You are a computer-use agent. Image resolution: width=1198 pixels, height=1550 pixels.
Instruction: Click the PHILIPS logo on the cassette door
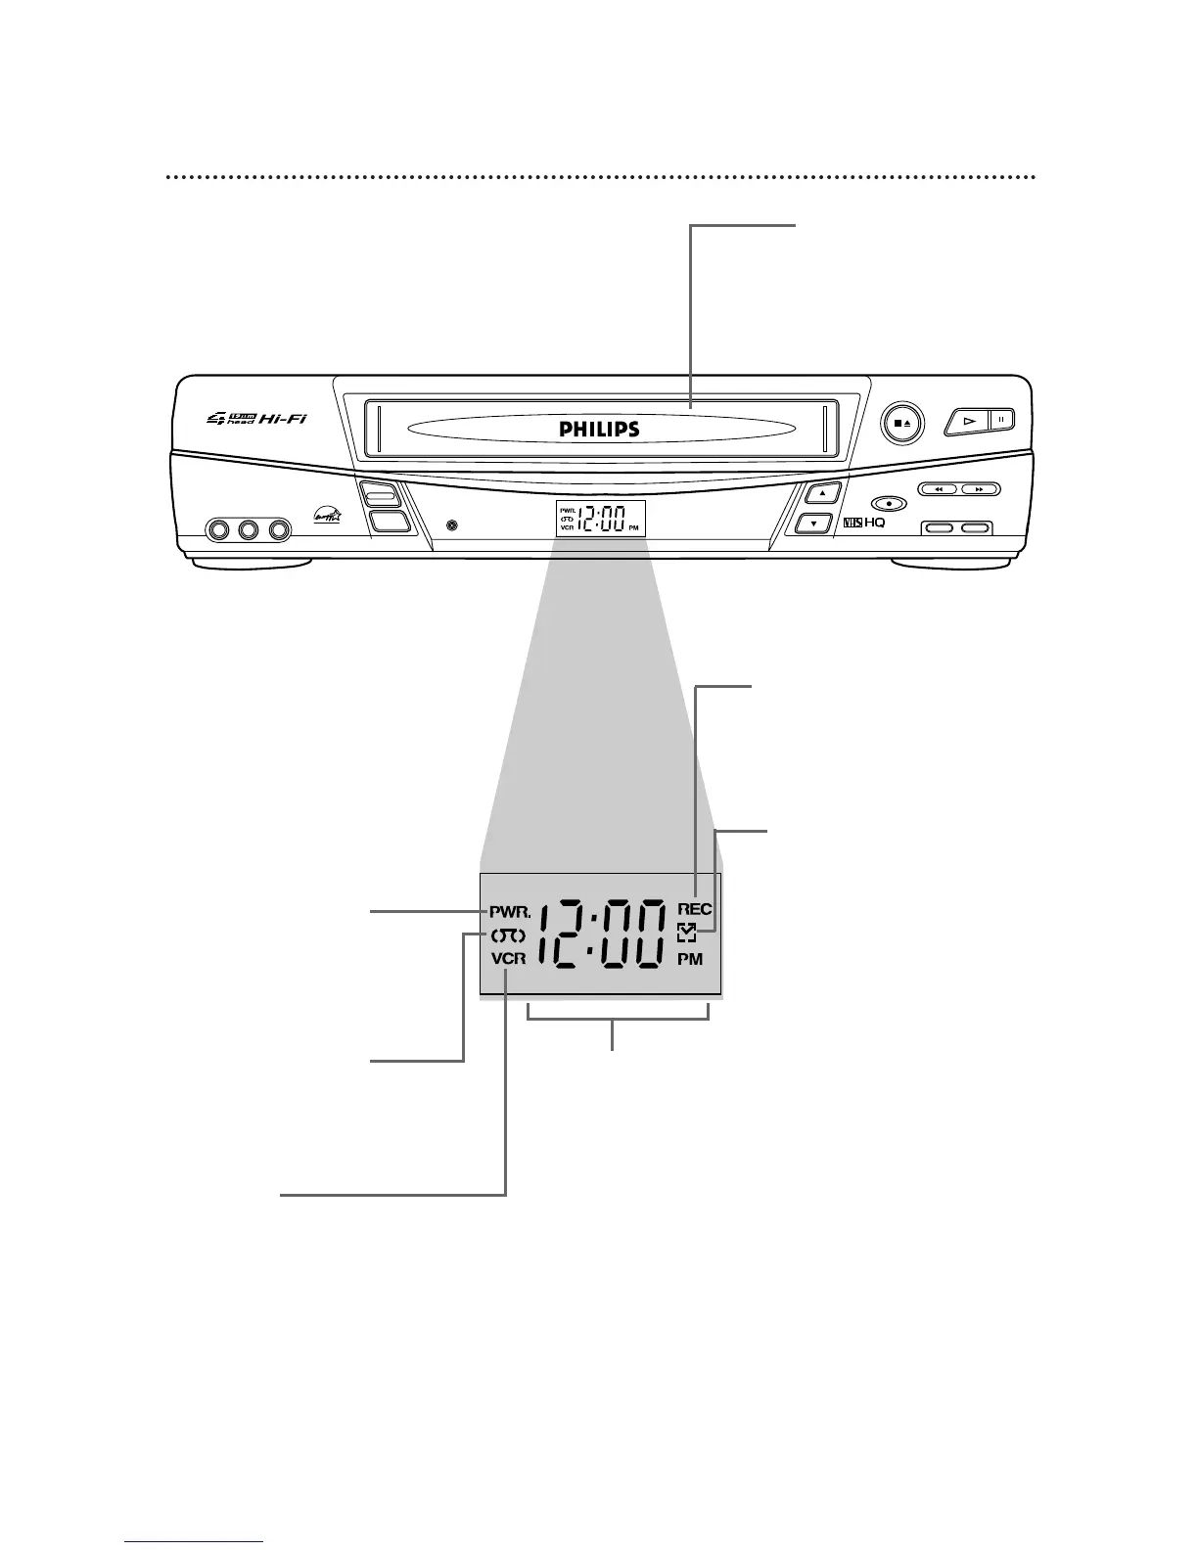click(599, 430)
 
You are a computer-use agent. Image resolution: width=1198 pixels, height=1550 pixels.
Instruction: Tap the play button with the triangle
click(969, 420)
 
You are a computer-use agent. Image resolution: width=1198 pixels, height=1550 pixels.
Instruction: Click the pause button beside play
click(1002, 420)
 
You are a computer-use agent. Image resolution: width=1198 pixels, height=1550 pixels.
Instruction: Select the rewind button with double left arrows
click(939, 488)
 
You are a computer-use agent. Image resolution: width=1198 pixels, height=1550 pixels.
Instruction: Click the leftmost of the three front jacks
click(217, 530)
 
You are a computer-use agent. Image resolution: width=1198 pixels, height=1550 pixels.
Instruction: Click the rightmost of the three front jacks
click(280, 530)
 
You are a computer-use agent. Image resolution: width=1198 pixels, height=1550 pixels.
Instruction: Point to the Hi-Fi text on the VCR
click(285, 418)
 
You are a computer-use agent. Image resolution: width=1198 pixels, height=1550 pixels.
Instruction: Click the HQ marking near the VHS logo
click(874, 524)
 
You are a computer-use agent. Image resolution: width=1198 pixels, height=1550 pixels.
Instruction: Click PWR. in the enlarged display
click(509, 910)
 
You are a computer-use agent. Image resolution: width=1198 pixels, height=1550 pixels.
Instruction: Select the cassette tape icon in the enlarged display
click(509, 935)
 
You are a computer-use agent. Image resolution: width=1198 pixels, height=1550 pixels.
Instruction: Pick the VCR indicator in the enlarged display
click(509, 959)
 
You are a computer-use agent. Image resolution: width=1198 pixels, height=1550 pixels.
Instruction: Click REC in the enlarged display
click(694, 909)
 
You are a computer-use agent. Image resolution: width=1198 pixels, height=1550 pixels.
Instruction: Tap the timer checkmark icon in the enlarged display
click(686, 935)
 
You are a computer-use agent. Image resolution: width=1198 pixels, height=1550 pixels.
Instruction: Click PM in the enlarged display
click(690, 959)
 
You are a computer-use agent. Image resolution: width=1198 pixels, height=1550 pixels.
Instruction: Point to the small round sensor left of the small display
click(450, 526)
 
